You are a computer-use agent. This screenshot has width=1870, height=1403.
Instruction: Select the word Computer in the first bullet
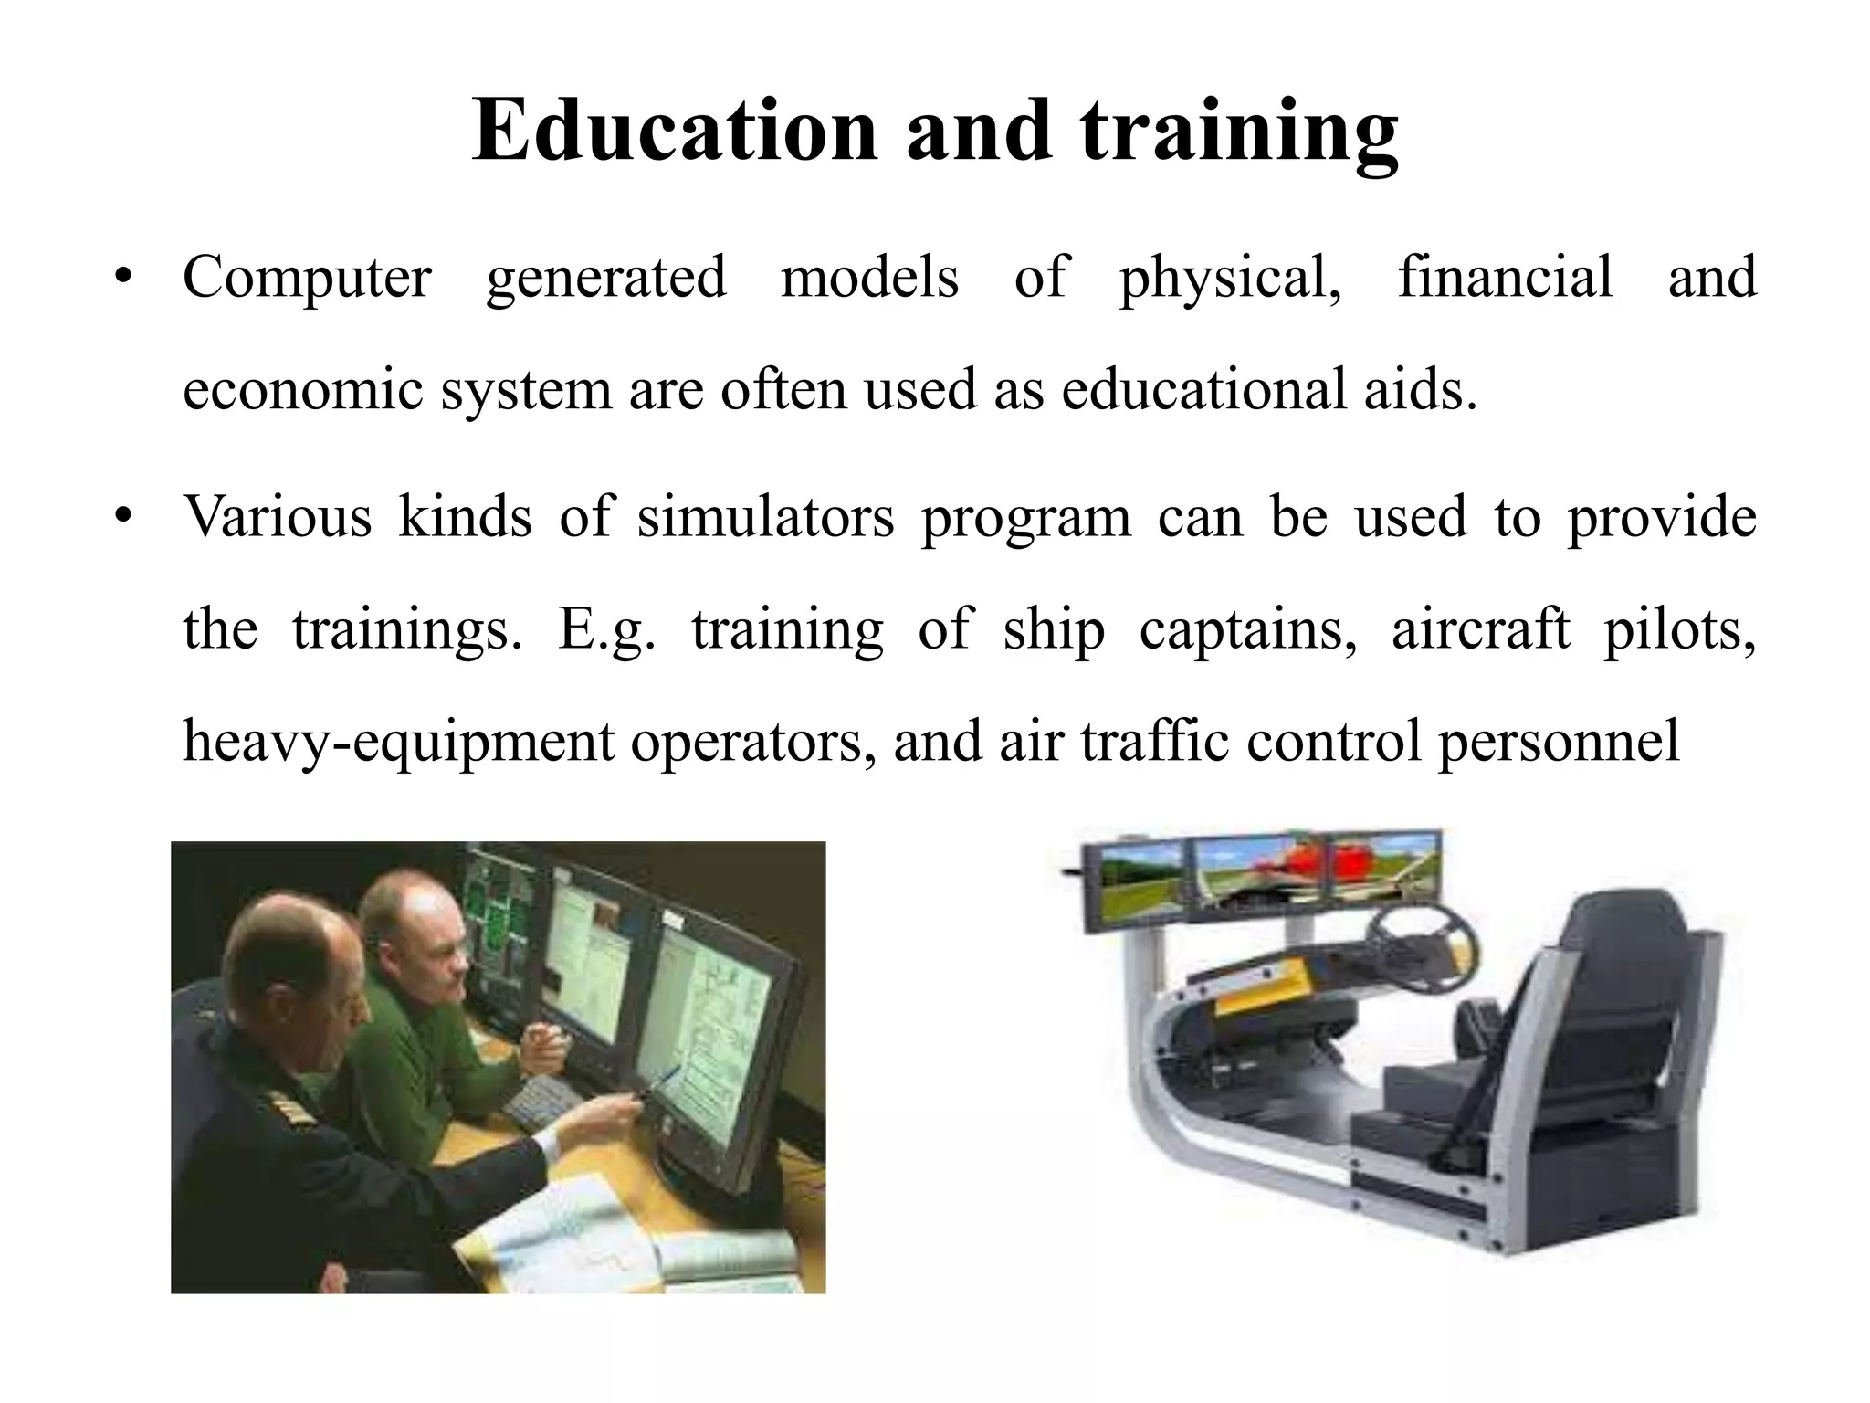click(307, 278)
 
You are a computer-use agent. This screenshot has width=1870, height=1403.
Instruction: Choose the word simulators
click(765, 517)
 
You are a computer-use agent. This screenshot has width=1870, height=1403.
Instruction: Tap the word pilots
click(1679, 629)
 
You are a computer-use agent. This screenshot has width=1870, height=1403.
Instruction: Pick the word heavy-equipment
click(398, 741)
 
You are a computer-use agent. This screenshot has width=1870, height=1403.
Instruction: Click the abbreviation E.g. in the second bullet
click(606, 631)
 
